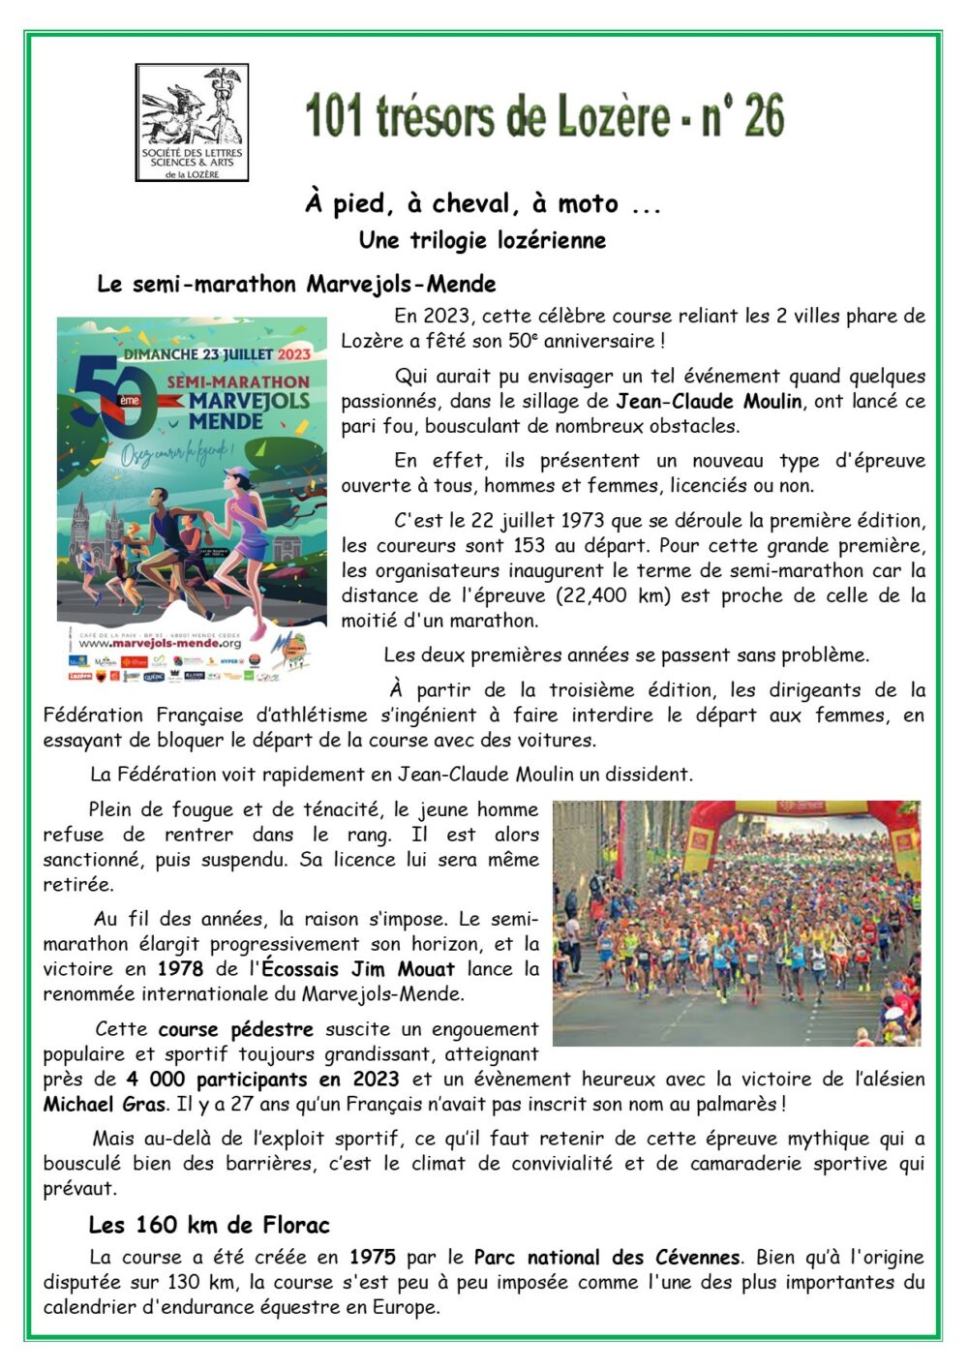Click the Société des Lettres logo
pos(192,122)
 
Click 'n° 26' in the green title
pos(742,117)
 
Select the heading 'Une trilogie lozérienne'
pos(482,240)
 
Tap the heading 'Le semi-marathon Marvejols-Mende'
pos(296,285)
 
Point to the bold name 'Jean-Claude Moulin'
pos(709,401)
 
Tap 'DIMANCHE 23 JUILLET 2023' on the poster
pos(216,354)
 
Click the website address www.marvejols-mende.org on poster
pos(160,643)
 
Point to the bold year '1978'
pos(180,969)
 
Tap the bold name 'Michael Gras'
pos(106,1105)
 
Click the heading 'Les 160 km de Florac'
pos(209,1226)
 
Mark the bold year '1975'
pos(373,1258)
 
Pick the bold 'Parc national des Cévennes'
pos(607,1258)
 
